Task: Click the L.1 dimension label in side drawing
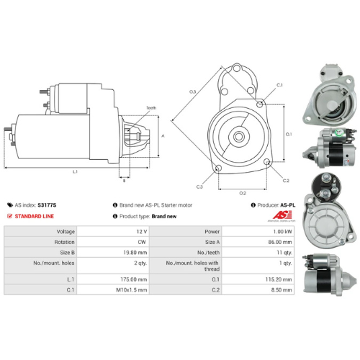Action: coord(76,171)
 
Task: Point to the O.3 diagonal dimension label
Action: coord(193,91)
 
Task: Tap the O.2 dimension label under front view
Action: coord(243,193)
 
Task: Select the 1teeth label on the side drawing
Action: coord(150,108)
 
